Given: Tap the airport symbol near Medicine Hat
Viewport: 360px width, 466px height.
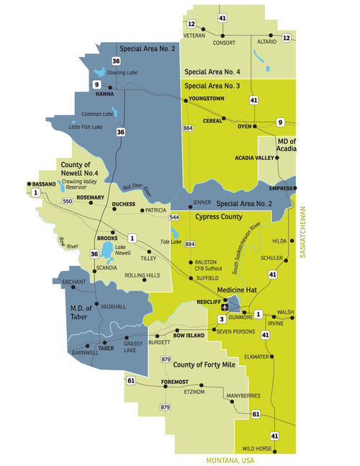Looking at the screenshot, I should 225,307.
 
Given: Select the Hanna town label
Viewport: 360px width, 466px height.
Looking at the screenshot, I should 105,94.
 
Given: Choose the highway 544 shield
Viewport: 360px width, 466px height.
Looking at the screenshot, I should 174,217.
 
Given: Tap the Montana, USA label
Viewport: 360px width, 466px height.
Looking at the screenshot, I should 231,460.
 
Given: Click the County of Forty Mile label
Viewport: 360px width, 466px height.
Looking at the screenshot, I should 204,365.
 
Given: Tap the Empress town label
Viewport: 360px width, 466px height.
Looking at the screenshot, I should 282,189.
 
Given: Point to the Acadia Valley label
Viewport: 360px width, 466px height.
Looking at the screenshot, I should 255,157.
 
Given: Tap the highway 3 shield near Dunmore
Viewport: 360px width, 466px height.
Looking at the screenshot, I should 222,318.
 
